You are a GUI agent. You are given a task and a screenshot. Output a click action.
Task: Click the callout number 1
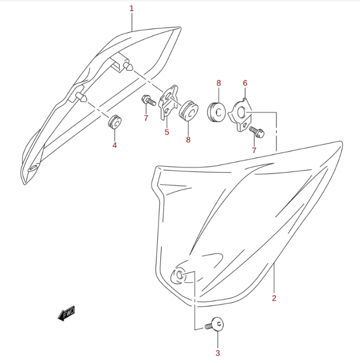132,9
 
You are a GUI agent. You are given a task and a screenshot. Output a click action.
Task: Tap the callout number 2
274,298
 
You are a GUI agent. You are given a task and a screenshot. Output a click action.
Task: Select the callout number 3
217,353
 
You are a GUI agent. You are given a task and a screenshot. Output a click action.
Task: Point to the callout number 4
114,145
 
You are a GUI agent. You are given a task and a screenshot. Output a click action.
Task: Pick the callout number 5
167,132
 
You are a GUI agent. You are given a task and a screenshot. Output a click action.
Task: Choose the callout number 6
245,83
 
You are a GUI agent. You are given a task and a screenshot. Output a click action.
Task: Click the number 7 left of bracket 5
146,118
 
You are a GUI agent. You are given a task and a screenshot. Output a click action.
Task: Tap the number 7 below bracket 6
254,150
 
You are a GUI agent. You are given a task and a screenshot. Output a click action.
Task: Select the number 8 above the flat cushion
219,83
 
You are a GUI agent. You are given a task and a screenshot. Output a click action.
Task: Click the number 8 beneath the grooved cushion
188,139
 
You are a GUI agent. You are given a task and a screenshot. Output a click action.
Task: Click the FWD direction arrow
66,313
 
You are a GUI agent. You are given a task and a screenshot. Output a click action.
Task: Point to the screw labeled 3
215,325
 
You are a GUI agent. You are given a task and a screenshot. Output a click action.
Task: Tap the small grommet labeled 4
115,122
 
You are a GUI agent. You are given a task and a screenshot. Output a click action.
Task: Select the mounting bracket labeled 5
168,102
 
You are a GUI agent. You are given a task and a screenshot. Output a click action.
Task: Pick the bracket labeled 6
240,115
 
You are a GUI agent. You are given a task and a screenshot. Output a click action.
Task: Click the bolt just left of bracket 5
149,101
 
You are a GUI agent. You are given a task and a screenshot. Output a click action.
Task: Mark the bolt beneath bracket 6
257,132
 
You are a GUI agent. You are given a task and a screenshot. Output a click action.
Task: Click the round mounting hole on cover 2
179,275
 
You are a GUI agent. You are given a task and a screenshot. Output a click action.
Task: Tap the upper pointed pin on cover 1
128,66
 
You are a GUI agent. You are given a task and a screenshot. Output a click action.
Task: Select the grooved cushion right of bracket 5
189,111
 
